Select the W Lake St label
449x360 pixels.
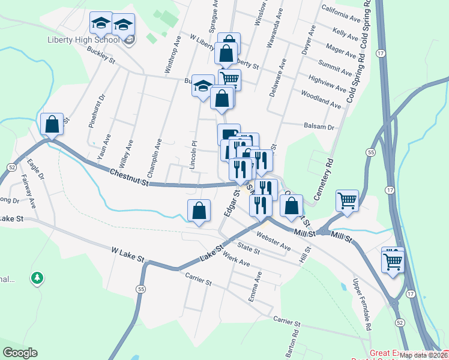coord(128,254)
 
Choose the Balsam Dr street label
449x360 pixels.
coord(319,127)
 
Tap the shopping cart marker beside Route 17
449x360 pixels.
coord(393,261)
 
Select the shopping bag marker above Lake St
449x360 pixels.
coord(199,211)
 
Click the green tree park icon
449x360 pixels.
coord(37,278)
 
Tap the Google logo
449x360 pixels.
coord(20,353)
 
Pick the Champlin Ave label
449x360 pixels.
coord(158,154)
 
